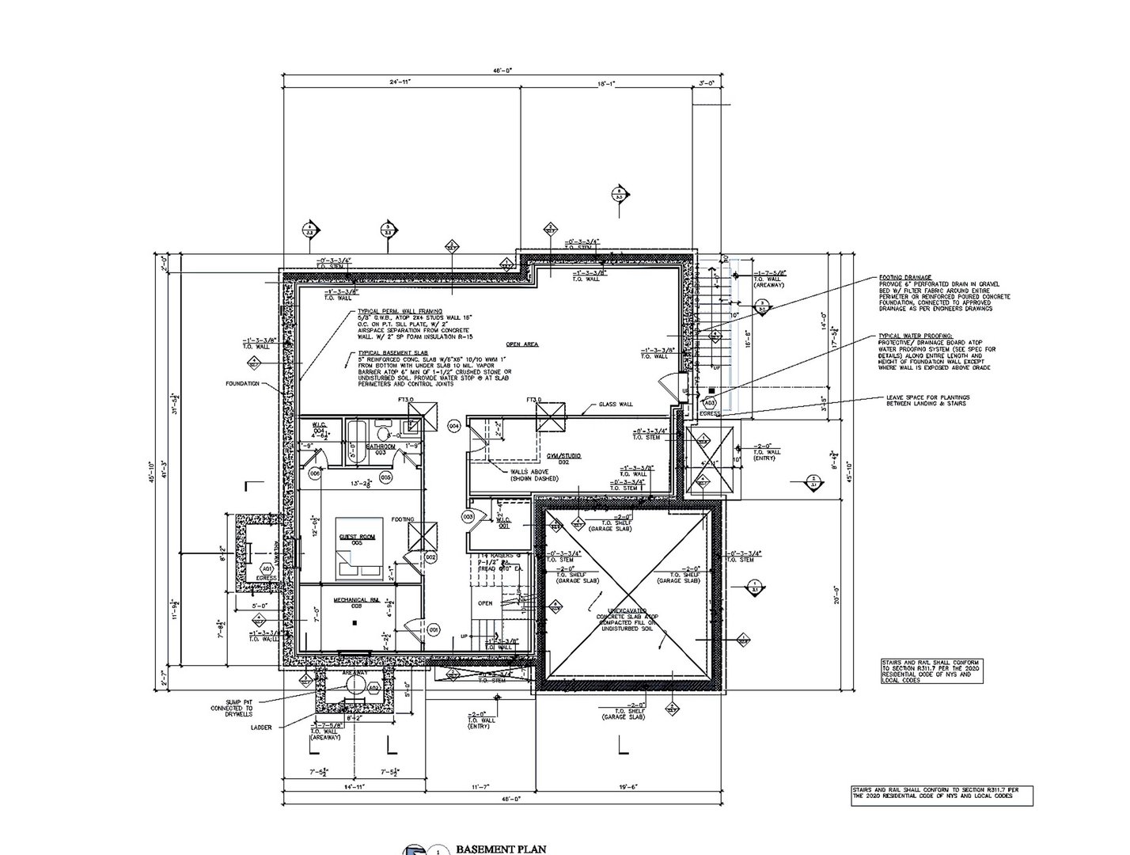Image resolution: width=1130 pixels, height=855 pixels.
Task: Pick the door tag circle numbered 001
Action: tap(434, 629)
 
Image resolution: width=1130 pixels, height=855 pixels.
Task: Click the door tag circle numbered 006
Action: tap(315, 473)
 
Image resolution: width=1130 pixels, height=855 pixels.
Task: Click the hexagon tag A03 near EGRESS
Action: tap(709, 403)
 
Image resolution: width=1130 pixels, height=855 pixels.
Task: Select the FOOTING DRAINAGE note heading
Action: tap(899, 278)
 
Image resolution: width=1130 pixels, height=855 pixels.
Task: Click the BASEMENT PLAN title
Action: tap(500, 849)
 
